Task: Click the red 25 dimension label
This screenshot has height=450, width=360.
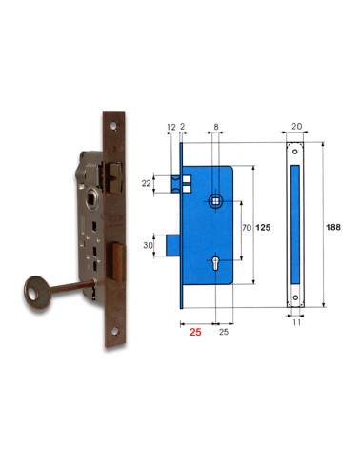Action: (x=194, y=335)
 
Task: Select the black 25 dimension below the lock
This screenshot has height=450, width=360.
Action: (x=224, y=333)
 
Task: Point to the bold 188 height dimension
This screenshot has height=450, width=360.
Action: (x=332, y=228)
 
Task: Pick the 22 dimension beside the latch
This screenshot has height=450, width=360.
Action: (x=146, y=182)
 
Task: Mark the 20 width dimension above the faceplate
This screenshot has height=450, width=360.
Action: (x=298, y=124)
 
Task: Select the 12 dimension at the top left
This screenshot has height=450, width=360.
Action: (x=170, y=124)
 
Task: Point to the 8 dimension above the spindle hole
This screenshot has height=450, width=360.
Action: (x=217, y=124)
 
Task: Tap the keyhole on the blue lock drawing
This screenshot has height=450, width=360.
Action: (x=216, y=266)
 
